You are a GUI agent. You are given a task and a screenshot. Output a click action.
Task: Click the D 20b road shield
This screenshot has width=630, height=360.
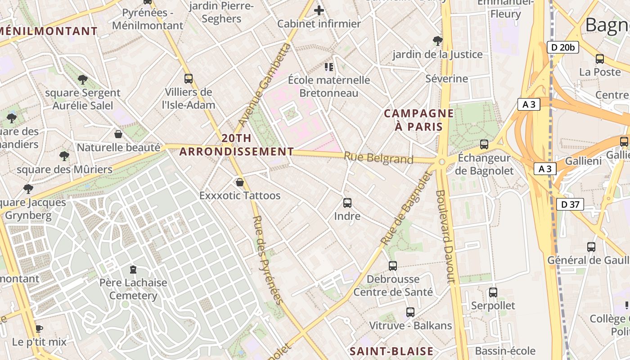562,47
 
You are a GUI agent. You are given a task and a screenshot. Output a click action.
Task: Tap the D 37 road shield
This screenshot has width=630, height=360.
570,204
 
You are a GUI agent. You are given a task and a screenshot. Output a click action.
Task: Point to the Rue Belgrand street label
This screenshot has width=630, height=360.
378,158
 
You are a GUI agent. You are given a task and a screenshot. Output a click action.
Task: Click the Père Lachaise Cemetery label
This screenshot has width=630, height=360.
133,289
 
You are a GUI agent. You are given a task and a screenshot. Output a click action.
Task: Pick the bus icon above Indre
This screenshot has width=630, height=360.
347,203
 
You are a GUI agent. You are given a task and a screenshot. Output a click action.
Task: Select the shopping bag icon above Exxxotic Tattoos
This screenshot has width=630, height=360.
240,182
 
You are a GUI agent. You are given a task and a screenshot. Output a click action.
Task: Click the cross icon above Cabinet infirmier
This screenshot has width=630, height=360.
319,10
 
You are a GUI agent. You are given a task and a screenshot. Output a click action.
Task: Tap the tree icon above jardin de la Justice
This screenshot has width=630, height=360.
437,41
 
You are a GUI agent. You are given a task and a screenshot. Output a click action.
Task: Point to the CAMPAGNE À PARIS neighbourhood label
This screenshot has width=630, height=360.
418,120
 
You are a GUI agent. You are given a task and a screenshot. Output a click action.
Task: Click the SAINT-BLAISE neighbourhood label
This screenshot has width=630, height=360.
391,351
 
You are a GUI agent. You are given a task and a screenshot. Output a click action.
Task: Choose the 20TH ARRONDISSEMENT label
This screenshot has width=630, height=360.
237,145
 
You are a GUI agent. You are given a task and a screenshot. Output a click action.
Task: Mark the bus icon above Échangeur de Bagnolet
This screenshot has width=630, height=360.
484,144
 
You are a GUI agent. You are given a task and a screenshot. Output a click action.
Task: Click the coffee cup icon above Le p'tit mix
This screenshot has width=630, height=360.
39,328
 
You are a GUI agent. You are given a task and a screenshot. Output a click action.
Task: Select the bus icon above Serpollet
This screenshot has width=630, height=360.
493,292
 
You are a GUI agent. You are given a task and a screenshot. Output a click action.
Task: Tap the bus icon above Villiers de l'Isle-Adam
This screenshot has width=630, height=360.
189,79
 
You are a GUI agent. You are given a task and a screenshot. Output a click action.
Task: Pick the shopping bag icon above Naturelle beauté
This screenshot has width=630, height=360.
118,134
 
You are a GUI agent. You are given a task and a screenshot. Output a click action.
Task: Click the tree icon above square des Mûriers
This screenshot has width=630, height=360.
64,156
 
